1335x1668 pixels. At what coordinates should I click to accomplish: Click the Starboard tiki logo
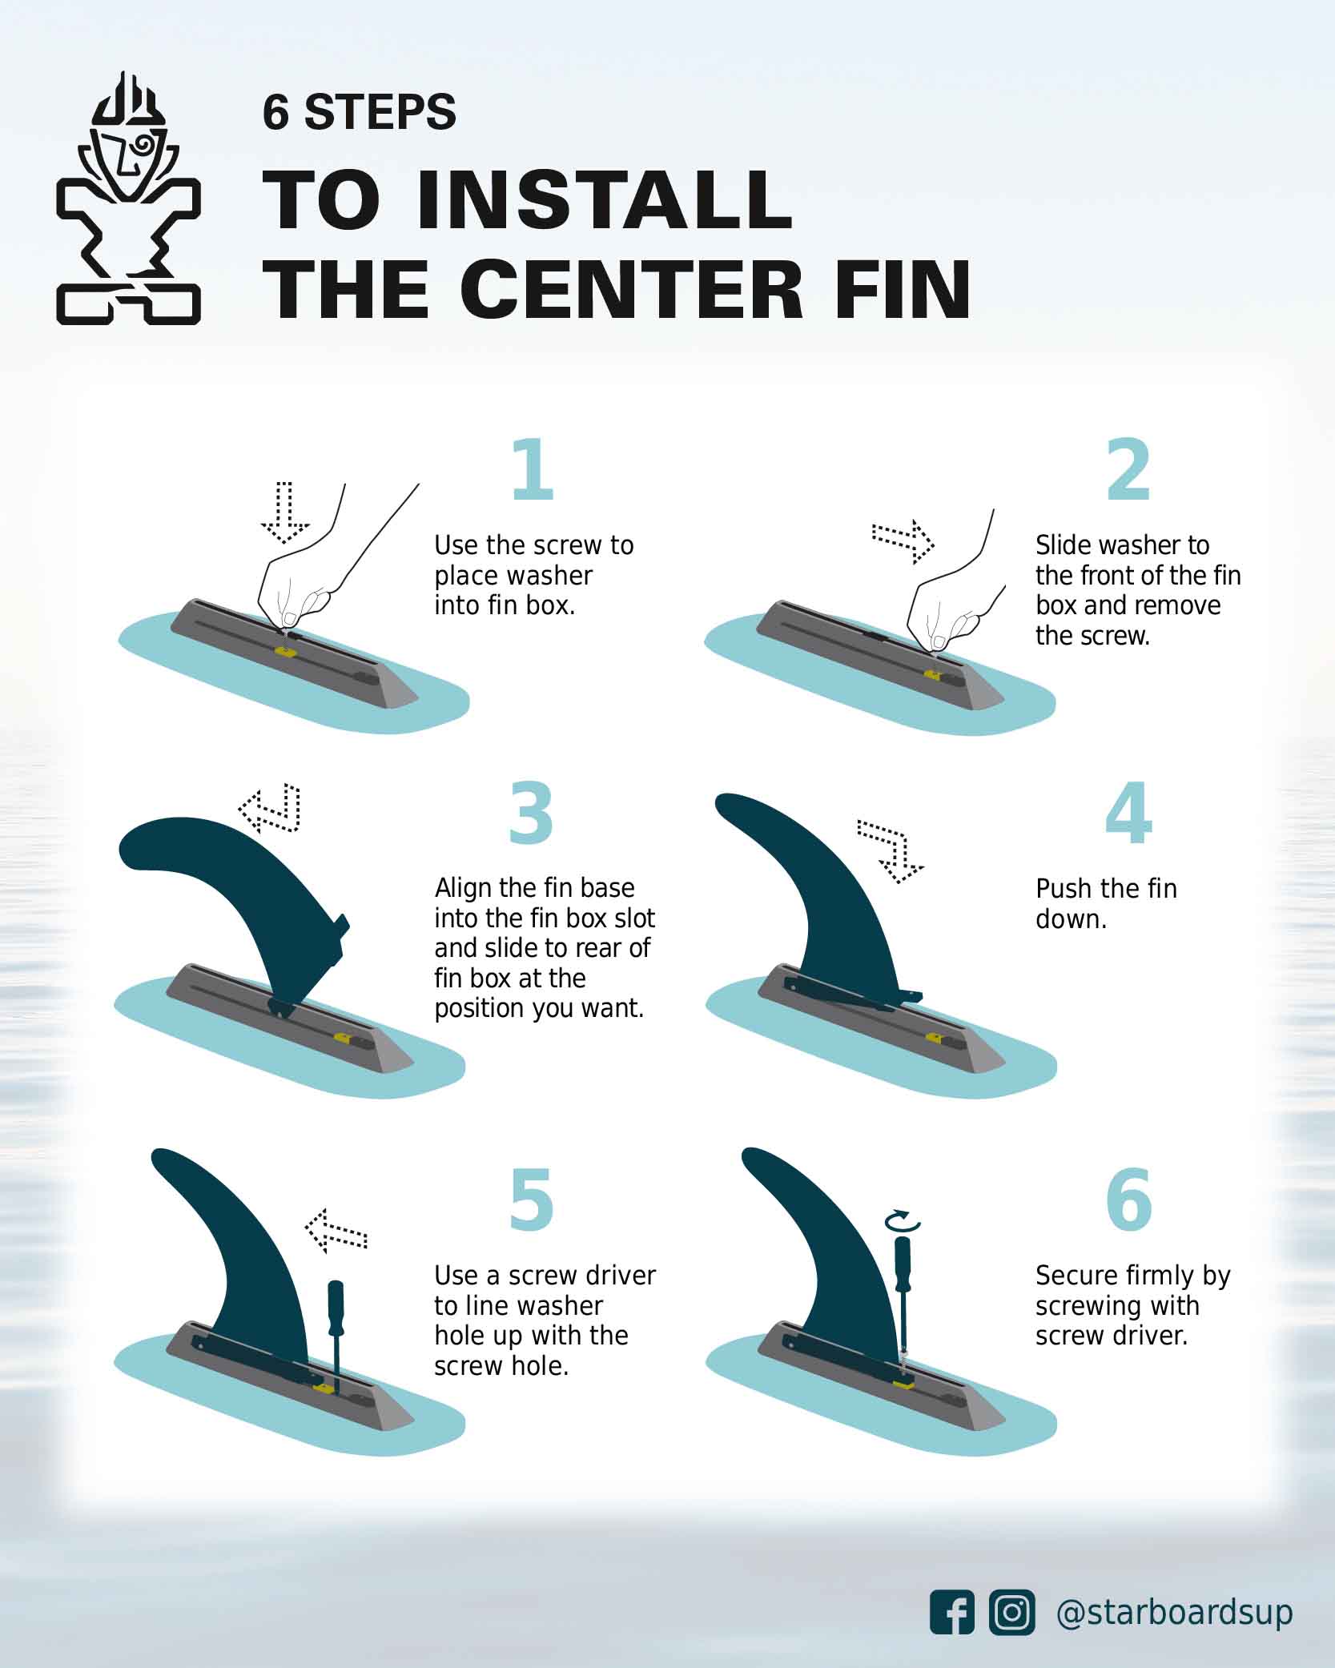pyautogui.click(x=128, y=200)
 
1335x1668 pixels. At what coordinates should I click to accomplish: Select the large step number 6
pyautogui.click(x=1128, y=1200)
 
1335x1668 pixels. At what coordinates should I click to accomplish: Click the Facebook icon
pyautogui.click(x=951, y=1611)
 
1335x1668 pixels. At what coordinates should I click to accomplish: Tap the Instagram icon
pyautogui.click(x=1011, y=1611)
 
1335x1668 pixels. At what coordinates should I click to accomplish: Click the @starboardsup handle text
pyautogui.click(x=1173, y=1611)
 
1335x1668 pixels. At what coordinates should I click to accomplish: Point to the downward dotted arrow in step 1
pyautogui.click(x=284, y=512)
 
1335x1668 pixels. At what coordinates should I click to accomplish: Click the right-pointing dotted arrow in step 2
pyautogui.click(x=903, y=541)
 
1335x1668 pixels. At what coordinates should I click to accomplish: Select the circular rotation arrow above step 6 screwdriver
pyautogui.click(x=903, y=1221)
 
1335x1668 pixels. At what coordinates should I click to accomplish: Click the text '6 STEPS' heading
pyautogui.click(x=359, y=112)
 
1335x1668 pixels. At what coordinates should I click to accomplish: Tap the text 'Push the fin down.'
pyautogui.click(x=1105, y=903)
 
